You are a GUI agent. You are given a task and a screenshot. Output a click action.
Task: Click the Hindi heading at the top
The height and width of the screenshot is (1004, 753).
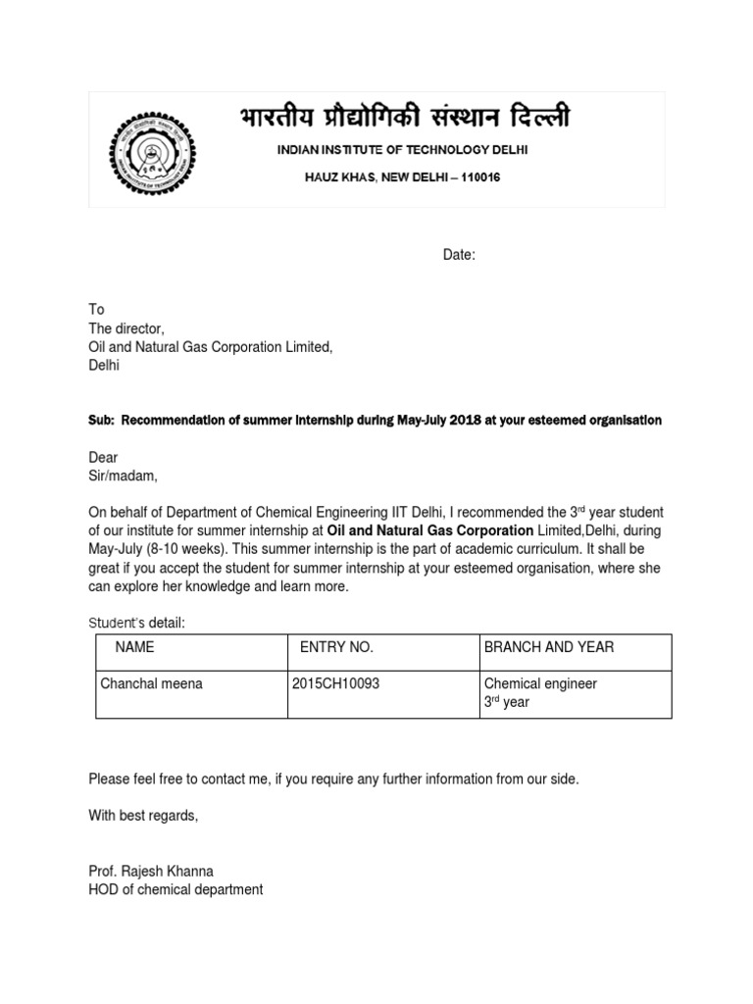(x=403, y=119)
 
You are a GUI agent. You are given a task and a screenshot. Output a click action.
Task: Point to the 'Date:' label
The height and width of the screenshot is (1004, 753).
(x=459, y=255)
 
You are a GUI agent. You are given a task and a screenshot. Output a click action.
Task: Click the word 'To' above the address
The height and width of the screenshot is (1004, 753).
(x=96, y=309)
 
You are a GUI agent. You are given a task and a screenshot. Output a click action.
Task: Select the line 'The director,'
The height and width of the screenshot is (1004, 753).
(x=126, y=327)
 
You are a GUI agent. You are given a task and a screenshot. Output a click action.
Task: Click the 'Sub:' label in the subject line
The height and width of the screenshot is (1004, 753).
(x=101, y=420)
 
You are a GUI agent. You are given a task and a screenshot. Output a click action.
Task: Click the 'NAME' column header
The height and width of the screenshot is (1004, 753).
(x=134, y=647)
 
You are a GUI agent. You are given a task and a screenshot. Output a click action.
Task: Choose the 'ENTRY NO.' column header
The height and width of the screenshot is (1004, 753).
(x=336, y=647)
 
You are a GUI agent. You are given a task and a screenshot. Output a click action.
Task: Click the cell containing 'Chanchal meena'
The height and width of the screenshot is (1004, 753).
(x=152, y=683)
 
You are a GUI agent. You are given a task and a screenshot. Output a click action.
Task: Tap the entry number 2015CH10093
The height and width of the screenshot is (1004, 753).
(x=335, y=683)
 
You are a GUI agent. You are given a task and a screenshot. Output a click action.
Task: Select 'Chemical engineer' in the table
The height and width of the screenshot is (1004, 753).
(x=540, y=683)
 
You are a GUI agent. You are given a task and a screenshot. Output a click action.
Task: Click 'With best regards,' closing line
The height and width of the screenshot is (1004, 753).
(x=143, y=816)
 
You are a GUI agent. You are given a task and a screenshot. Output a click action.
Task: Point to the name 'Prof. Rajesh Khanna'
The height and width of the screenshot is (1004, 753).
(x=151, y=871)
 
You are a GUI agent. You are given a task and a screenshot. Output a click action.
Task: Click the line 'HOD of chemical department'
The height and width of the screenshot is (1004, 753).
(x=176, y=889)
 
